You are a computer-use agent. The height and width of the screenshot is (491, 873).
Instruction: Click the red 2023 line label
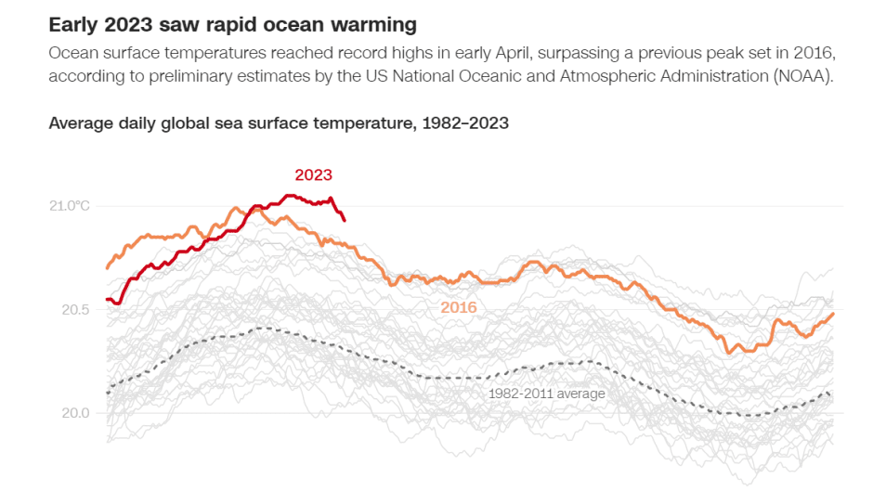(x=313, y=174)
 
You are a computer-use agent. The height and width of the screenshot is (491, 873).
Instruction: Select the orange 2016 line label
(x=458, y=307)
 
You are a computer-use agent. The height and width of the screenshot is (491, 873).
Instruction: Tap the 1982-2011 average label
(x=546, y=394)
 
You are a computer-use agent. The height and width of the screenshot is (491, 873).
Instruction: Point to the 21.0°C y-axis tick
(x=70, y=205)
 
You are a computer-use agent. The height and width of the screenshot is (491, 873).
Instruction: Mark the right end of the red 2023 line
(x=345, y=219)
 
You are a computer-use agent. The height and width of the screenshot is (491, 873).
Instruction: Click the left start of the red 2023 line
(x=108, y=299)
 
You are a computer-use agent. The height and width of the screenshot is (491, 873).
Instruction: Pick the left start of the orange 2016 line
(x=108, y=268)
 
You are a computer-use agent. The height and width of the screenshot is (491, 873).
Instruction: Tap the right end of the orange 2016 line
(x=833, y=314)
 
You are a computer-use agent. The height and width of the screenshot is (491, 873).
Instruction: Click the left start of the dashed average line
(x=108, y=394)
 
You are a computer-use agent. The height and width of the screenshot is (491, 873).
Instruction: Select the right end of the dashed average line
(x=833, y=397)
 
